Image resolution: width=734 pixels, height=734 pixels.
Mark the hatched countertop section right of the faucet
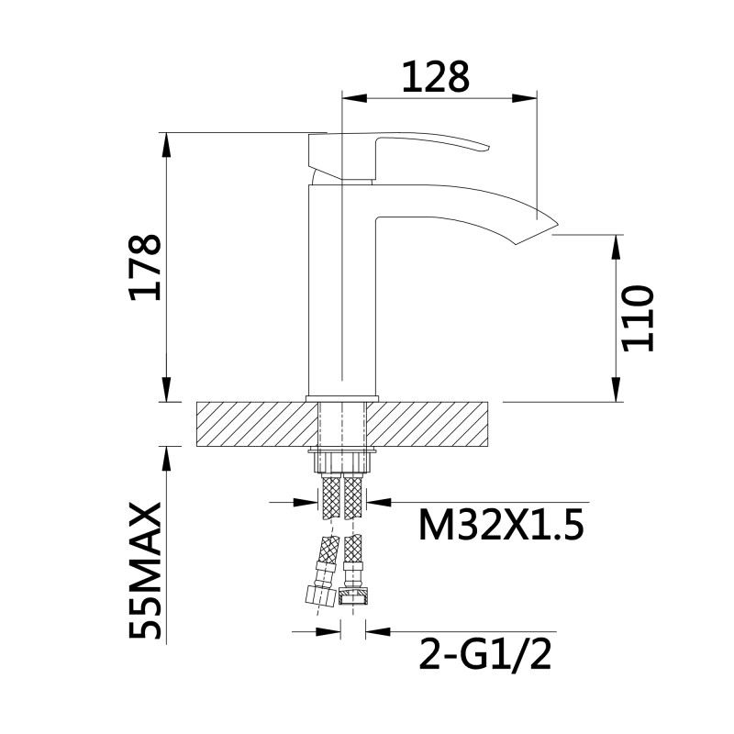coord(431,425)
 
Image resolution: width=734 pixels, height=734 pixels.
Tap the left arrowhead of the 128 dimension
coord(349,95)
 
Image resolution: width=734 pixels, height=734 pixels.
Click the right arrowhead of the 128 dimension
coord(529,95)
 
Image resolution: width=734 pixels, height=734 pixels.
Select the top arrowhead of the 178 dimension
coord(167,139)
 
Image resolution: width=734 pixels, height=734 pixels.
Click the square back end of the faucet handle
coord(323,153)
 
